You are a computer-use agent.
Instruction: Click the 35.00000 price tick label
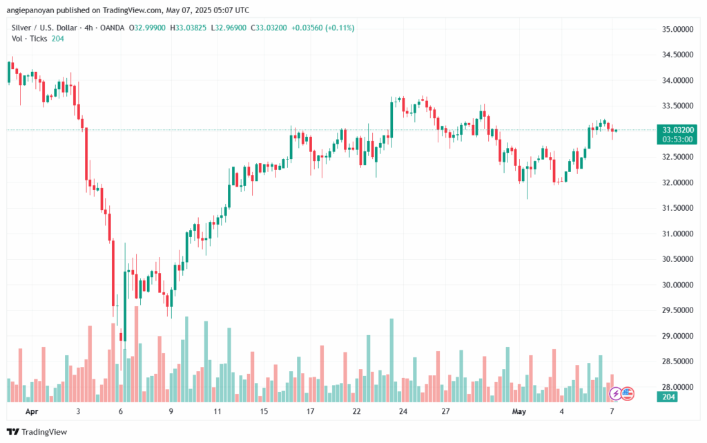pos(677,30)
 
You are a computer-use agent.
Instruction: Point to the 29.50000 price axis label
pos(677,310)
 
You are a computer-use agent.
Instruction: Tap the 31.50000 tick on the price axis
pos(677,208)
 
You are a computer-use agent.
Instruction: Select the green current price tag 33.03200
pos(678,129)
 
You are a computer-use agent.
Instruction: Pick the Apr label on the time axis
pos(30,411)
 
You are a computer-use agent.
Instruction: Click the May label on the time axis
pos(519,411)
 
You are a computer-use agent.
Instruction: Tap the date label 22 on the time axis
pos(356,411)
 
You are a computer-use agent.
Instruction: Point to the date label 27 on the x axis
pos(446,411)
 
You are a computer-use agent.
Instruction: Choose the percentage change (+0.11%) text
pos(338,27)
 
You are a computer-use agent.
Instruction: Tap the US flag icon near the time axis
pos(627,394)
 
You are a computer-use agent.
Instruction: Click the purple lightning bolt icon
pos(615,394)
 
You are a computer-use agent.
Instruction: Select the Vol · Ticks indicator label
pos(28,39)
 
